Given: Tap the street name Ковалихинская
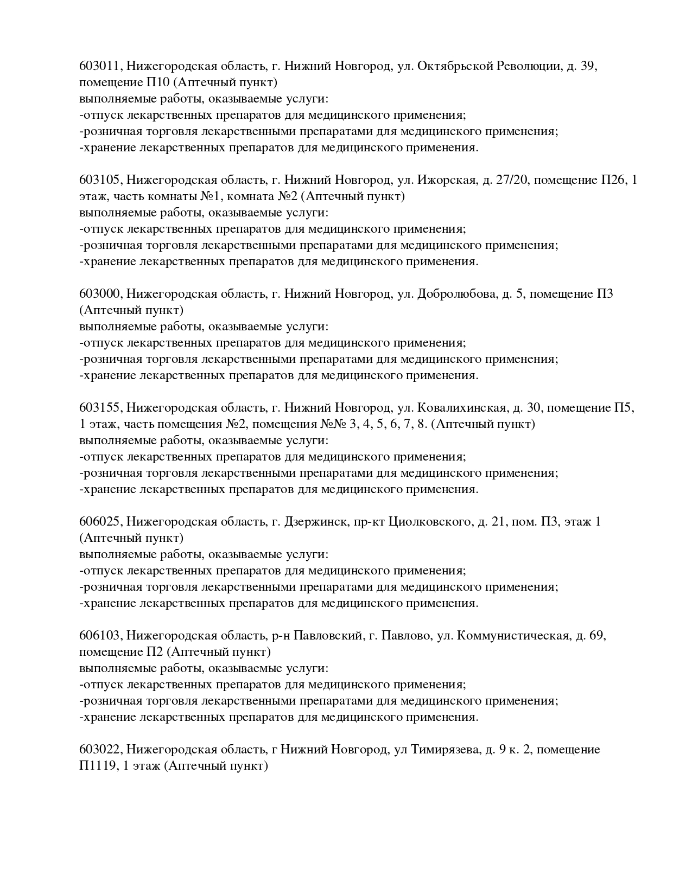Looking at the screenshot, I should click(462, 408).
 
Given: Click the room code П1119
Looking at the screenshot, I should click(97, 766).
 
